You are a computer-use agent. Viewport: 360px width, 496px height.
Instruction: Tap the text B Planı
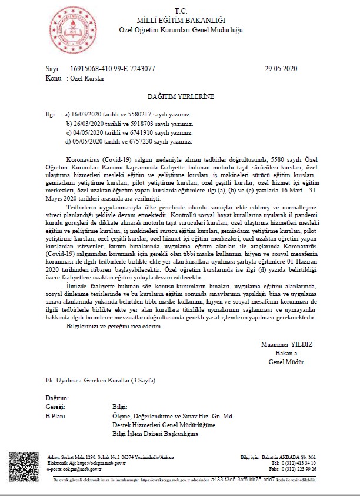tap(55, 415)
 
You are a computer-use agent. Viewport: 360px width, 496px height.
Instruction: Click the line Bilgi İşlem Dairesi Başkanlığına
tap(155, 434)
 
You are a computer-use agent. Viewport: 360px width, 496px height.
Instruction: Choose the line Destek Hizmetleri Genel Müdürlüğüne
tap(164, 425)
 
